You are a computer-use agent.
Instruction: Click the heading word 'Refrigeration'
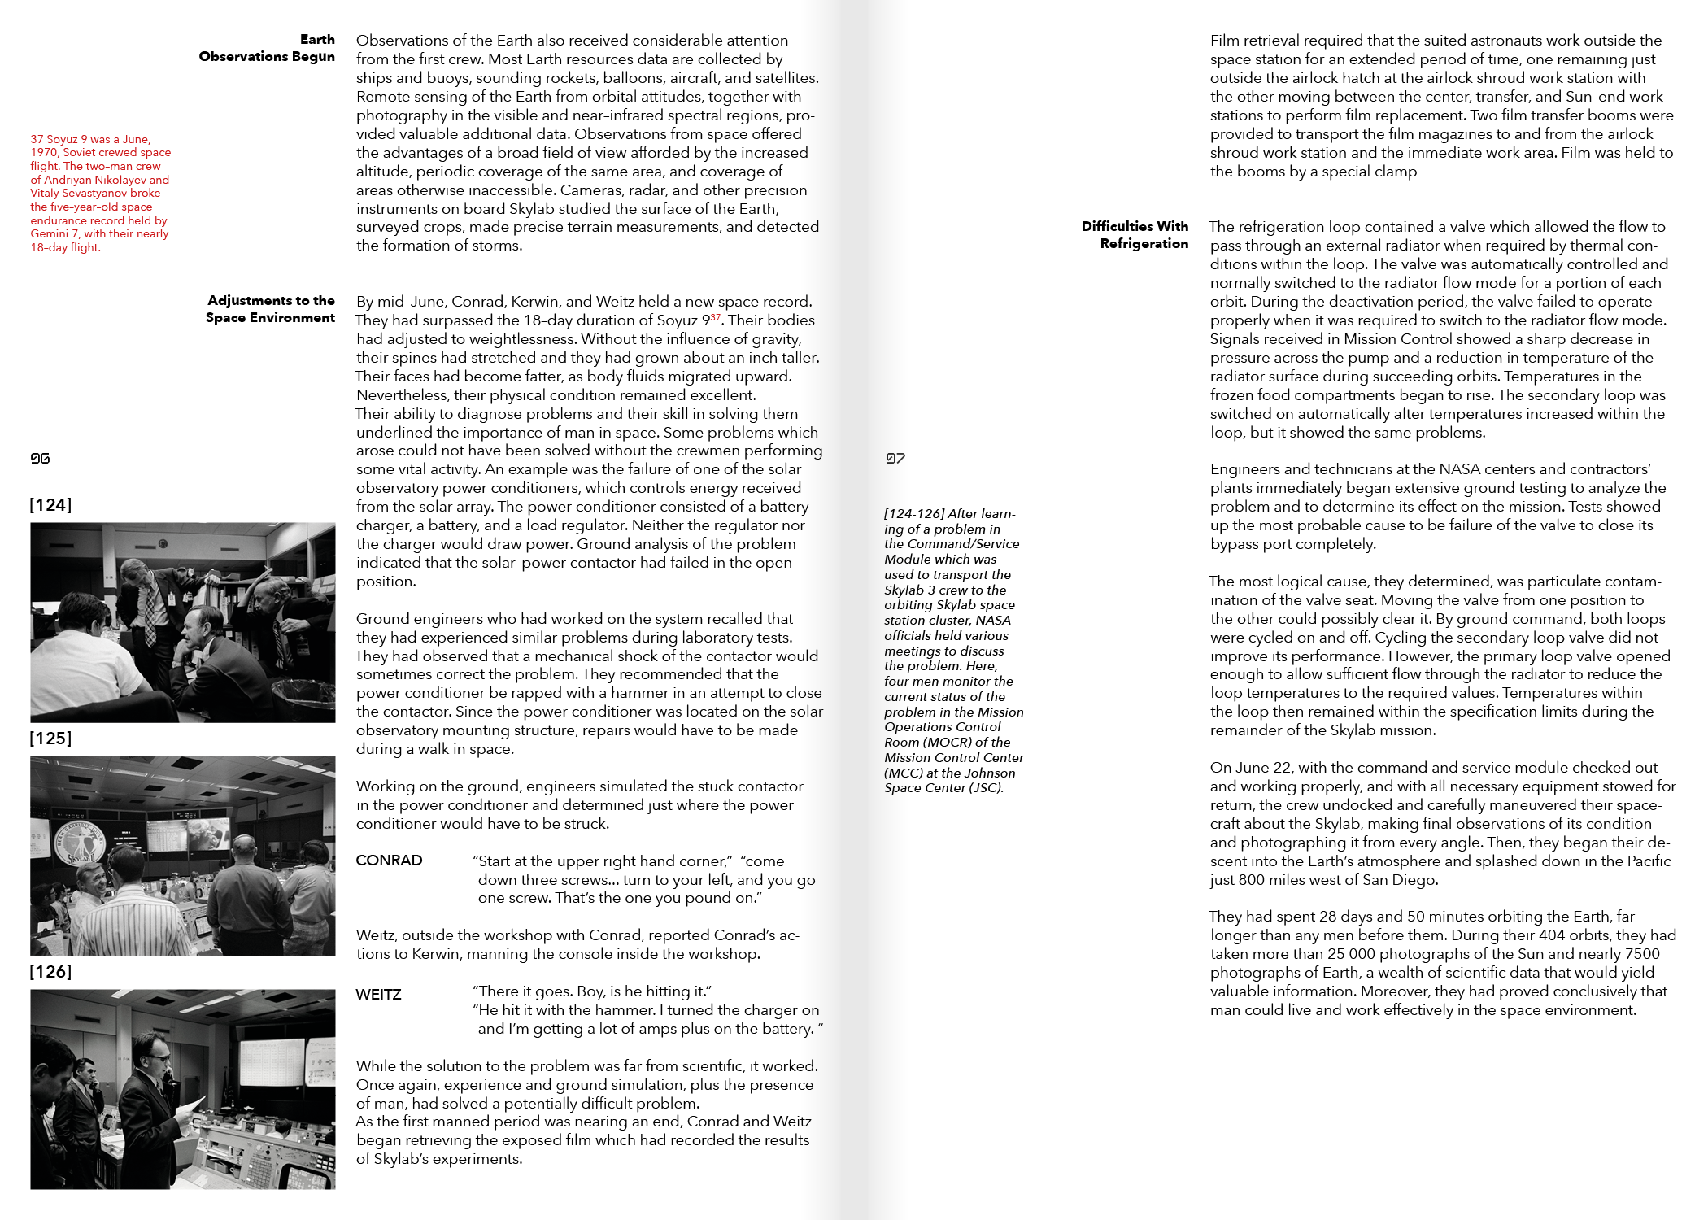tap(1144, 243)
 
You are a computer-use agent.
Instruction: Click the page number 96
tap(40, 459)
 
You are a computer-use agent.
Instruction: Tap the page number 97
tap(895, 459)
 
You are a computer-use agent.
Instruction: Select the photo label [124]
tap(50, 505)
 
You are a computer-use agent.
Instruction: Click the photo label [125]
tap(50, 739)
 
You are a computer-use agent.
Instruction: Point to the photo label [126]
tap(50, 972)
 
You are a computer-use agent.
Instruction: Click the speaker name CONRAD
tap(389, 861)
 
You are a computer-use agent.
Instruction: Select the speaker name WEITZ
tap(378, 994)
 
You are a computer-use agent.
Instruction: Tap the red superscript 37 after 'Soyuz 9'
tap(715, 317)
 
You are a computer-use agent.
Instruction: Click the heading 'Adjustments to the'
tap(271, 300)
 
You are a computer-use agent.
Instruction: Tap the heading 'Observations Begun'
tap(267, 56)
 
